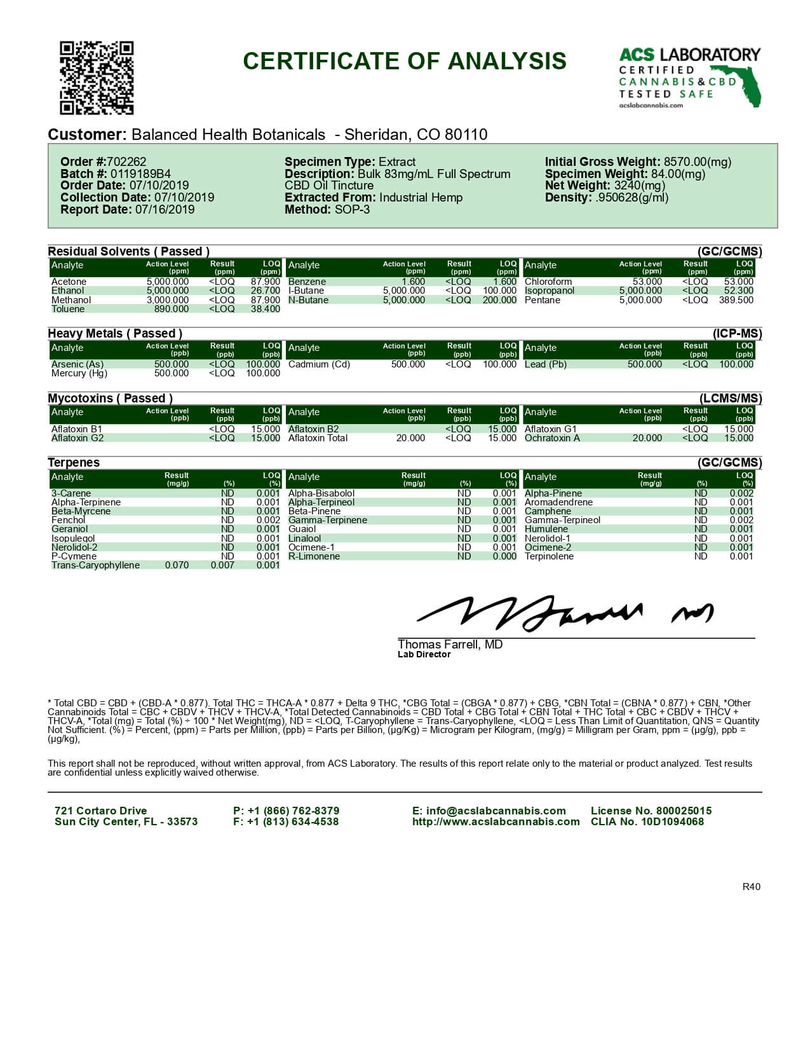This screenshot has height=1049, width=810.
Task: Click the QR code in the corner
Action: (97, 78)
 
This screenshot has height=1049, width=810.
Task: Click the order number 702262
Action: (126, 162)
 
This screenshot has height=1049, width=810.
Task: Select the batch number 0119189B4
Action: (140, 174)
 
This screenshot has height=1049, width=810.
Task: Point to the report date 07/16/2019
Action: (165, 209)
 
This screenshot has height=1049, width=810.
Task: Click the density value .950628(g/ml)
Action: (631, 197)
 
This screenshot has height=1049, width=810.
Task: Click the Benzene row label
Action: (307, 282)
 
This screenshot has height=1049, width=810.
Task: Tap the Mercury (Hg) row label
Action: (79, 373)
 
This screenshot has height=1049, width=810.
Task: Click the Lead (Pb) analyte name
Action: (545, 364)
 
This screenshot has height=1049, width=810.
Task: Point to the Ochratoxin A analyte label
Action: (552, 438)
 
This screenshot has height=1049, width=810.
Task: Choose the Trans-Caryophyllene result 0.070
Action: (177, 565)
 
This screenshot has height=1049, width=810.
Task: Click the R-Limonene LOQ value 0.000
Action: (504, 556)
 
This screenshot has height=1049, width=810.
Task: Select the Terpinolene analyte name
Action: (549, 556)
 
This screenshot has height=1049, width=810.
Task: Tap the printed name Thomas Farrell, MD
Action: (450, 644)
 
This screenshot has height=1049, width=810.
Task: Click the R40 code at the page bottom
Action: (751, 887)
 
